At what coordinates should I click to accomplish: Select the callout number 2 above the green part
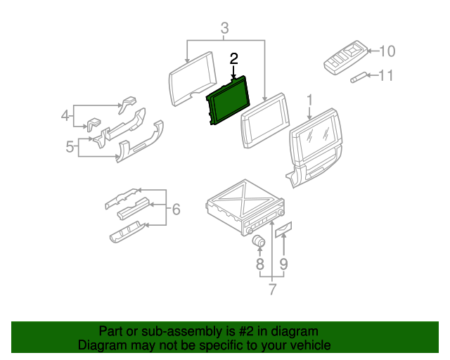[x=233, y=59]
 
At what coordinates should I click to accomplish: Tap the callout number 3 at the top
[x=224, y=29]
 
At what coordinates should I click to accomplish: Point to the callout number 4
[x=65, y=115]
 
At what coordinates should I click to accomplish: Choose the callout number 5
[x=70, y=146]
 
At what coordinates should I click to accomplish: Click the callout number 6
[x=176, y=209]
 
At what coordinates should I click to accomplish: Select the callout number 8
[x=259, y=264]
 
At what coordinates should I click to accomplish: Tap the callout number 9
[x=283, y=264]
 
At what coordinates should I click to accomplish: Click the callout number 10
[x=387, y=51]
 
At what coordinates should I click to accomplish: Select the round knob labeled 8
[x=259, y=242]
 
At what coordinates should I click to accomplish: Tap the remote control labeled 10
[x=345, y=57]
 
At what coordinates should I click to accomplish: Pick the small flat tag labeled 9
[x=283, y=229]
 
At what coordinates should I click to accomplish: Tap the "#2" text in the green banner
[x=238, y=331]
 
